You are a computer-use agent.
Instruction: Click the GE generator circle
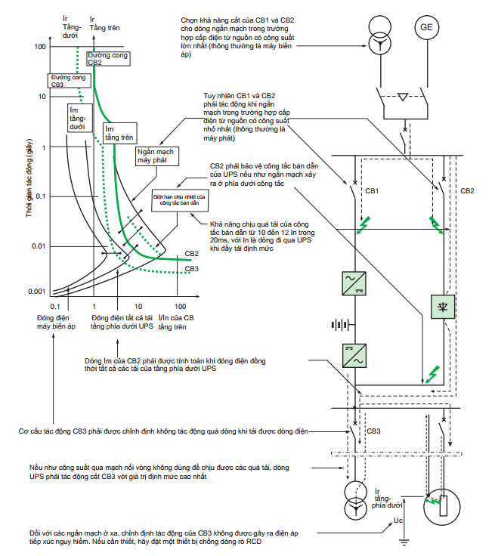426,27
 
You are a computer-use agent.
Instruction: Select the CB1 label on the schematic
372,191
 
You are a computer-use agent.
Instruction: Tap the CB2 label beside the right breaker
467,191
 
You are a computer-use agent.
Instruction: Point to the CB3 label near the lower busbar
373,431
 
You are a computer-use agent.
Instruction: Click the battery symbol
342,324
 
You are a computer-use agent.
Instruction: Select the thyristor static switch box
443,307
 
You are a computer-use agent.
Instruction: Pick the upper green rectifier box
354,283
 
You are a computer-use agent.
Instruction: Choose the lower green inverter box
354,356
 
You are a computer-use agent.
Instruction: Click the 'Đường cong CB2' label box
109,58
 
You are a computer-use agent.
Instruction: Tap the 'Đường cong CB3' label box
70,81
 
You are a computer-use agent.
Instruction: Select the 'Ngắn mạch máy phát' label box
157,156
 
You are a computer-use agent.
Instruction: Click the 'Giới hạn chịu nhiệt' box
180,200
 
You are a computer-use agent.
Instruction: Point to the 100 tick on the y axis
40,47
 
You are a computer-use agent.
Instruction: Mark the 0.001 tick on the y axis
37,292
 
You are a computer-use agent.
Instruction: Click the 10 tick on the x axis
138,307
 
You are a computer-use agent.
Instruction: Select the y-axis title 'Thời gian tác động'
29,178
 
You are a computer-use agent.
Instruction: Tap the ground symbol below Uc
404,542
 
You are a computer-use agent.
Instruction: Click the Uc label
398,520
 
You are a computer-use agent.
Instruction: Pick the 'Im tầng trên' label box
120,133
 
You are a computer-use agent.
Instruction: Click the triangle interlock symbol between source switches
403,97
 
